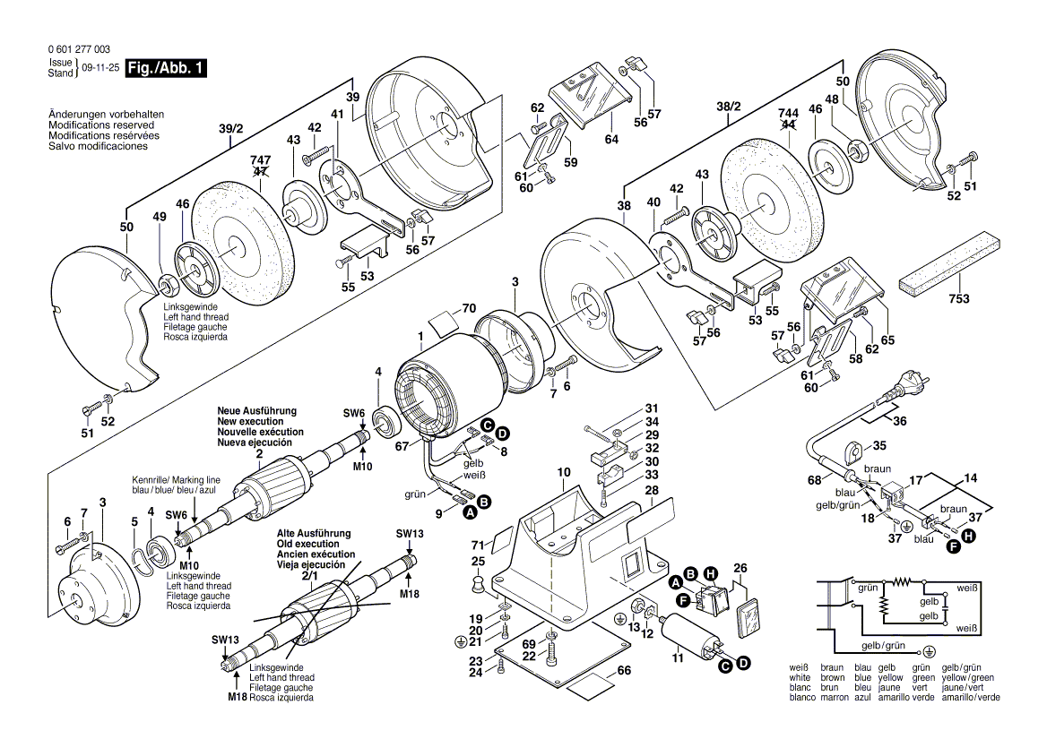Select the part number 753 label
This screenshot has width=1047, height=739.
pyautogui.click(x=958, y=299)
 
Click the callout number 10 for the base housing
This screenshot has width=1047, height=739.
pyautogui.click(x=563, y=471)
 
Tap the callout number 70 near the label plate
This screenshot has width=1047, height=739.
pyautogui.click(x=468, y=309)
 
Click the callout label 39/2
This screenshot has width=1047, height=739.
pyautogui.click(x=230, y=129)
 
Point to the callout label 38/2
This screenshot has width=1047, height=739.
pyautogui.click(x=730, y=106)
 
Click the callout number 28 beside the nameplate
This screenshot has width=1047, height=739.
pyautogui.click(x=652, y=490)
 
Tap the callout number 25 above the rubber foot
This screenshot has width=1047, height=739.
pyautogui.click(x=479, y=562)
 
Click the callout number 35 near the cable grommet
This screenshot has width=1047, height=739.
pyautogui.click(x=879, y=444)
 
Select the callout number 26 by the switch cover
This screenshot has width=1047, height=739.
pyautogui.click(x=740, y=567)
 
